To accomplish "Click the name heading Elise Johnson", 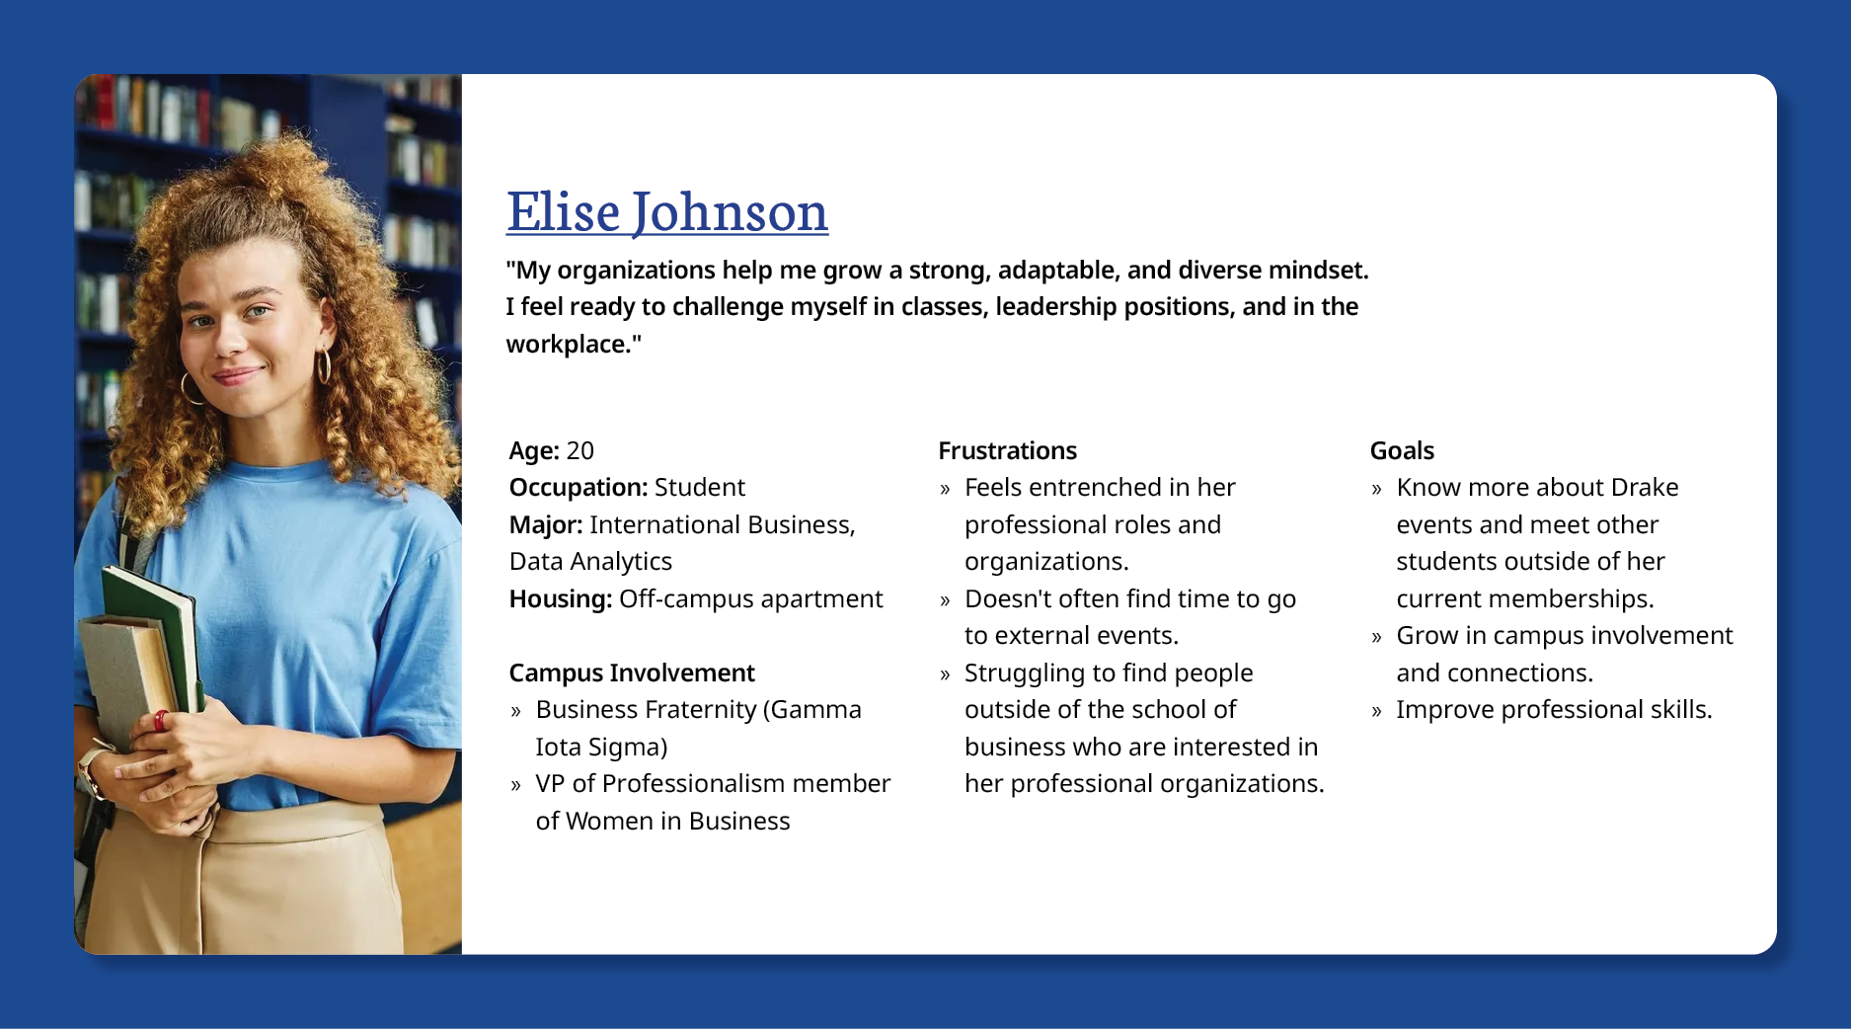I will (x=667, y=212).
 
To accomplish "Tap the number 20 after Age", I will (x=580, y=451).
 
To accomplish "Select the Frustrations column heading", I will (x=1007, y=451).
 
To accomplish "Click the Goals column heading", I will (x=1402, y=451).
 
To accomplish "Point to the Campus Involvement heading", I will (x=632, y=673).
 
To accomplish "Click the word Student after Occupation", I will (x=700, y=488).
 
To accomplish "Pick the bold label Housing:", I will (x=561, y=599).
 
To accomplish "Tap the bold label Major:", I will (x=546, y=525).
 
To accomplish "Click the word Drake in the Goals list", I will (x=1645, y=488).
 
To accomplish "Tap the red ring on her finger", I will (x=161, y=721).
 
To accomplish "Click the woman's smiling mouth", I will (x=238, y=375).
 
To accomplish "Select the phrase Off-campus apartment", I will (x=750, y=599).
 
